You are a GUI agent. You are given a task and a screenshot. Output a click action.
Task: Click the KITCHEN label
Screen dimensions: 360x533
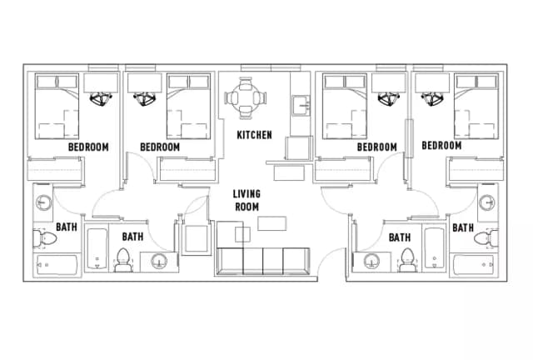(x=254, y=135)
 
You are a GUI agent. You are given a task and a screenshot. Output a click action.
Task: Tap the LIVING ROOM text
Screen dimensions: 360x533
(x=246, y=200)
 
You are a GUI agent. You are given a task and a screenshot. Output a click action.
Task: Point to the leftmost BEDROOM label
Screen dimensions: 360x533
(x=88, y=147)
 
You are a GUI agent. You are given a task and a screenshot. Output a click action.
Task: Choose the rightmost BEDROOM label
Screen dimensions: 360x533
(x=441, y=146)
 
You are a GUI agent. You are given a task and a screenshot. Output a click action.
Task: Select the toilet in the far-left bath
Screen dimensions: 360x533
(x=46, y=239)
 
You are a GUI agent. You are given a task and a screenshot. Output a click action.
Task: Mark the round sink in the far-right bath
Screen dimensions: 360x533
(x=487, y=202)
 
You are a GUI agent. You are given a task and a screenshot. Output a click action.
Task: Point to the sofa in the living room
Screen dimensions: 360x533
(x=261, y=260)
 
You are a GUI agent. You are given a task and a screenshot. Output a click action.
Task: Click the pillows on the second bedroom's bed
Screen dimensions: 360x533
(x=187, y=82)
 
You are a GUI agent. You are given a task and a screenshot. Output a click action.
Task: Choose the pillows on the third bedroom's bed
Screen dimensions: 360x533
(x=345, y=82)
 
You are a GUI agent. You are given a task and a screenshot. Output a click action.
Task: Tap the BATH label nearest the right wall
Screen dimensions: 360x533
(x=464, y=227)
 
